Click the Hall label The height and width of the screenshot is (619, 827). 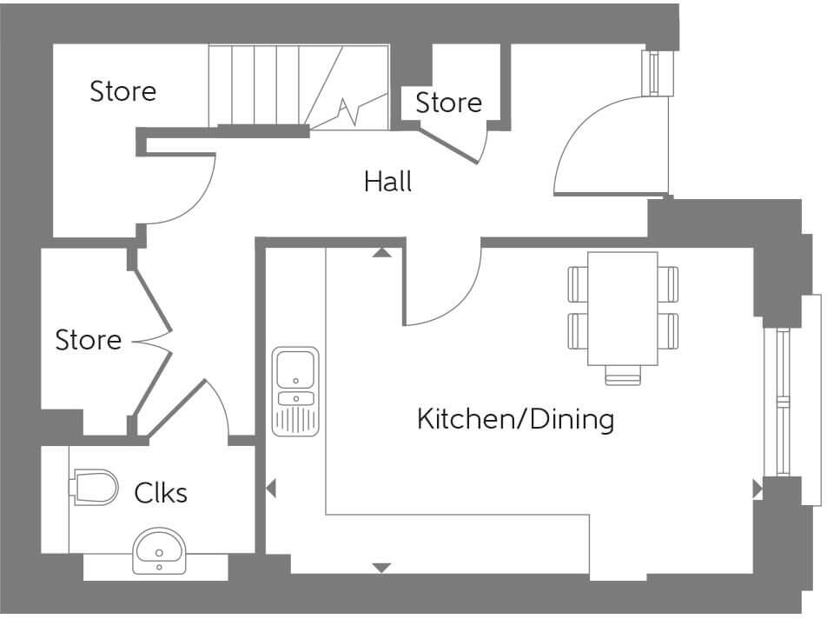(x=387, y=182)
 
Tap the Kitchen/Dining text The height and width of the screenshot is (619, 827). (x=515, y=420)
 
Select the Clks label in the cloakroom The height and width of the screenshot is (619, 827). (x=161, y=493)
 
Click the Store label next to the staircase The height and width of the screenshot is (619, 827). (x=123, y=91)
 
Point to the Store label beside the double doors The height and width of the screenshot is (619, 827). (x=88, y=340)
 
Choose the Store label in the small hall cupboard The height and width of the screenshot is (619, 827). (x=448, y=103)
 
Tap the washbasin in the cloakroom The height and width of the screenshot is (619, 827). (x=158, y=551)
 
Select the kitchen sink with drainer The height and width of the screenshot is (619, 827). (x=295, y=390)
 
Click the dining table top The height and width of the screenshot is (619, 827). (x=622, y=309)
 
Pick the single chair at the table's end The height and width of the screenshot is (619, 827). (x=622, y=376)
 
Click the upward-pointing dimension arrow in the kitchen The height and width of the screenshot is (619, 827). (x=380, y=253)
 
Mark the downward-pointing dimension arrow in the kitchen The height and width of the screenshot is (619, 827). (x=380, y=568)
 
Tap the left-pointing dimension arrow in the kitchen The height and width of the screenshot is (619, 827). (x=270, y=489)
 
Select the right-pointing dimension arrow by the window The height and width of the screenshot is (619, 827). (x=757, y=489)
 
